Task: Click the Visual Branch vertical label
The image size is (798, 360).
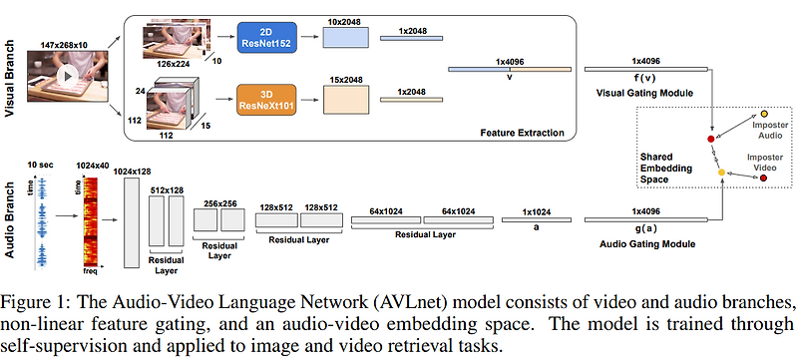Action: (x=10, y=79)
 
